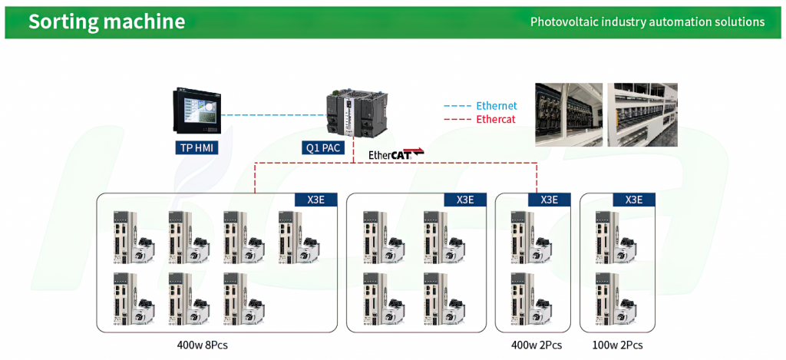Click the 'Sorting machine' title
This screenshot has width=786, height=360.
click(x=107, y=21)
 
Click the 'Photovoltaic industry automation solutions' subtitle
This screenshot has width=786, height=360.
click(x=648, y=22)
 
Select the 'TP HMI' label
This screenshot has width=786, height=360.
click(x=197, y=148)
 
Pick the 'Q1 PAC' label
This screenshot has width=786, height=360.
click(x=323, y=148)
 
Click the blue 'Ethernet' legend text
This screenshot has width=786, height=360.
click(x=497, y=106)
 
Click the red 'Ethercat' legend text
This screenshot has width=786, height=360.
click(x=496, y=120)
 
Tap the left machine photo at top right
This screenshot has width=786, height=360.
click(x=569, y=115)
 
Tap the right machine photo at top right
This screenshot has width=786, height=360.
click(x=642, y=115)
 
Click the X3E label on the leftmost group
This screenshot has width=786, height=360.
click(x=315, y=199)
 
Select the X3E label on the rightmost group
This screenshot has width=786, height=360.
click(x=634, y=199)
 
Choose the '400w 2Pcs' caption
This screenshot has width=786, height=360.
click(x=537, y=345)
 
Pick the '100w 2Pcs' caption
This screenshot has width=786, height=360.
click(x=617, y=345)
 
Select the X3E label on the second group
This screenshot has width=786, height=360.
click(x=465, y=199)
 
